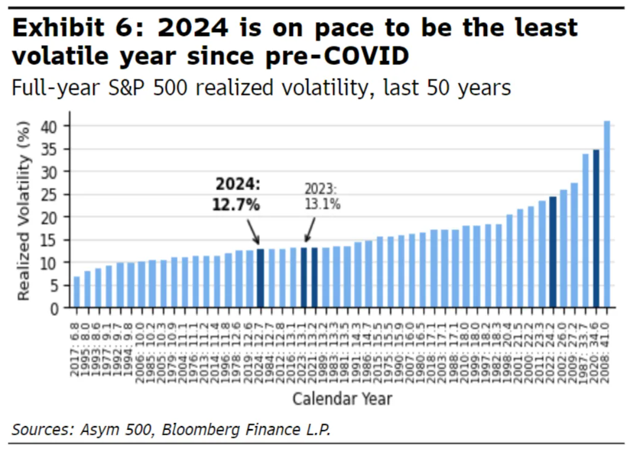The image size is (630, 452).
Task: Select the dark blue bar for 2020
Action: [x=596, y=229]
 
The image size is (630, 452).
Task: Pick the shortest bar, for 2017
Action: [x=76, y=293]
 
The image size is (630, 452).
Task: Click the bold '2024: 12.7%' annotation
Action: [x=238, y=195]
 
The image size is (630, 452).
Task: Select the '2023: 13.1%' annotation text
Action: [x=322, y=196]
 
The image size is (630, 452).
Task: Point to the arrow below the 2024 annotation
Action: [x=253, y=231]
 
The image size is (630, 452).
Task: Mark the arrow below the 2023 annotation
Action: [x=310, y=229]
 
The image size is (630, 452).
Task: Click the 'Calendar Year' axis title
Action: [x=342, y=399]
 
